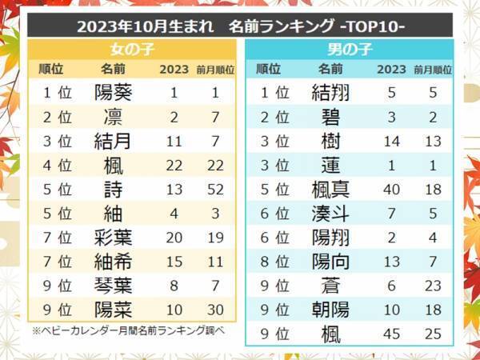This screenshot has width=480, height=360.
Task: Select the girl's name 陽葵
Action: pyautogui.click(x=113, y=93)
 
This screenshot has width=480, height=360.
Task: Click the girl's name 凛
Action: pyautogui.click(x=113, y=118)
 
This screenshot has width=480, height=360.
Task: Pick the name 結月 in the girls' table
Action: pyautogui.click(x=113, y=142)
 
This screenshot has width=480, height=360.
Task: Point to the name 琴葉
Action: pyautogui.click(x=113, y=286)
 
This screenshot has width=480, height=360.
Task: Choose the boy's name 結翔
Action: pyautogui.click(x=330, y=93)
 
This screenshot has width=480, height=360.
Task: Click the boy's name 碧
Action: pyautogui.click(x=330, y=118)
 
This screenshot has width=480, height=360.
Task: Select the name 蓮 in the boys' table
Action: pyautogui.click(x=330, y=166)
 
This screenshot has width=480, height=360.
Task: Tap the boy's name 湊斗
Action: pyautogui.click(x=330, y=214)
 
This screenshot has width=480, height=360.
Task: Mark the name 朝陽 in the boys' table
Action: pyautogui.click(x=330, y=310)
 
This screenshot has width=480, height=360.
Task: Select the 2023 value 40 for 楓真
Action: pyautogui.click(x=390, y=190)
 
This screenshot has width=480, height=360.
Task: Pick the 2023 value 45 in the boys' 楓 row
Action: pyautogui.click(x=390, y=334)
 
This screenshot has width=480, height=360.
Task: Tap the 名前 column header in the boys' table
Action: pyautogui.click(x=330, y=70)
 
